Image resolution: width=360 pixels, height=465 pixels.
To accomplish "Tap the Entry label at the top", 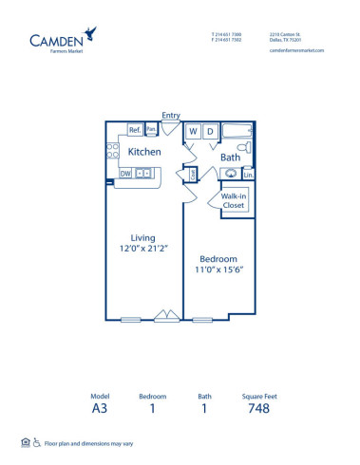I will coord(171,115).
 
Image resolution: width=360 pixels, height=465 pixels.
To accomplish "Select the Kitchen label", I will coord(144,152).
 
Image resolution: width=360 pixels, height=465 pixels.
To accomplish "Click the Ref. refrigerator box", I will coord(135,130).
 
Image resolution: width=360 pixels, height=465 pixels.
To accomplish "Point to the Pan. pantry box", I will coord(150,130).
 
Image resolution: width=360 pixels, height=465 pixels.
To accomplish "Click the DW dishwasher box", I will coord(125,174).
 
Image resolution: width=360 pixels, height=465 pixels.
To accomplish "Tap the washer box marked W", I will coord(193,131).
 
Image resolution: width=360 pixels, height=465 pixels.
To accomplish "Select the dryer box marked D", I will coord(209,131).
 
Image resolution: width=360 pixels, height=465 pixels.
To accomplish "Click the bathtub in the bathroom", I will coord(236,131).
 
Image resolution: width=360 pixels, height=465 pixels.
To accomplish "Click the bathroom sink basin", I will coord(230,174).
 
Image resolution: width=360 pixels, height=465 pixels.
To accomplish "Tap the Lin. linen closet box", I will coord(248,175).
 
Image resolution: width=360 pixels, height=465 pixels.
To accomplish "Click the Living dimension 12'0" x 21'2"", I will coord(143,249).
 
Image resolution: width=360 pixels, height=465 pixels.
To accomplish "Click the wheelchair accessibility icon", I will coord(36,441).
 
